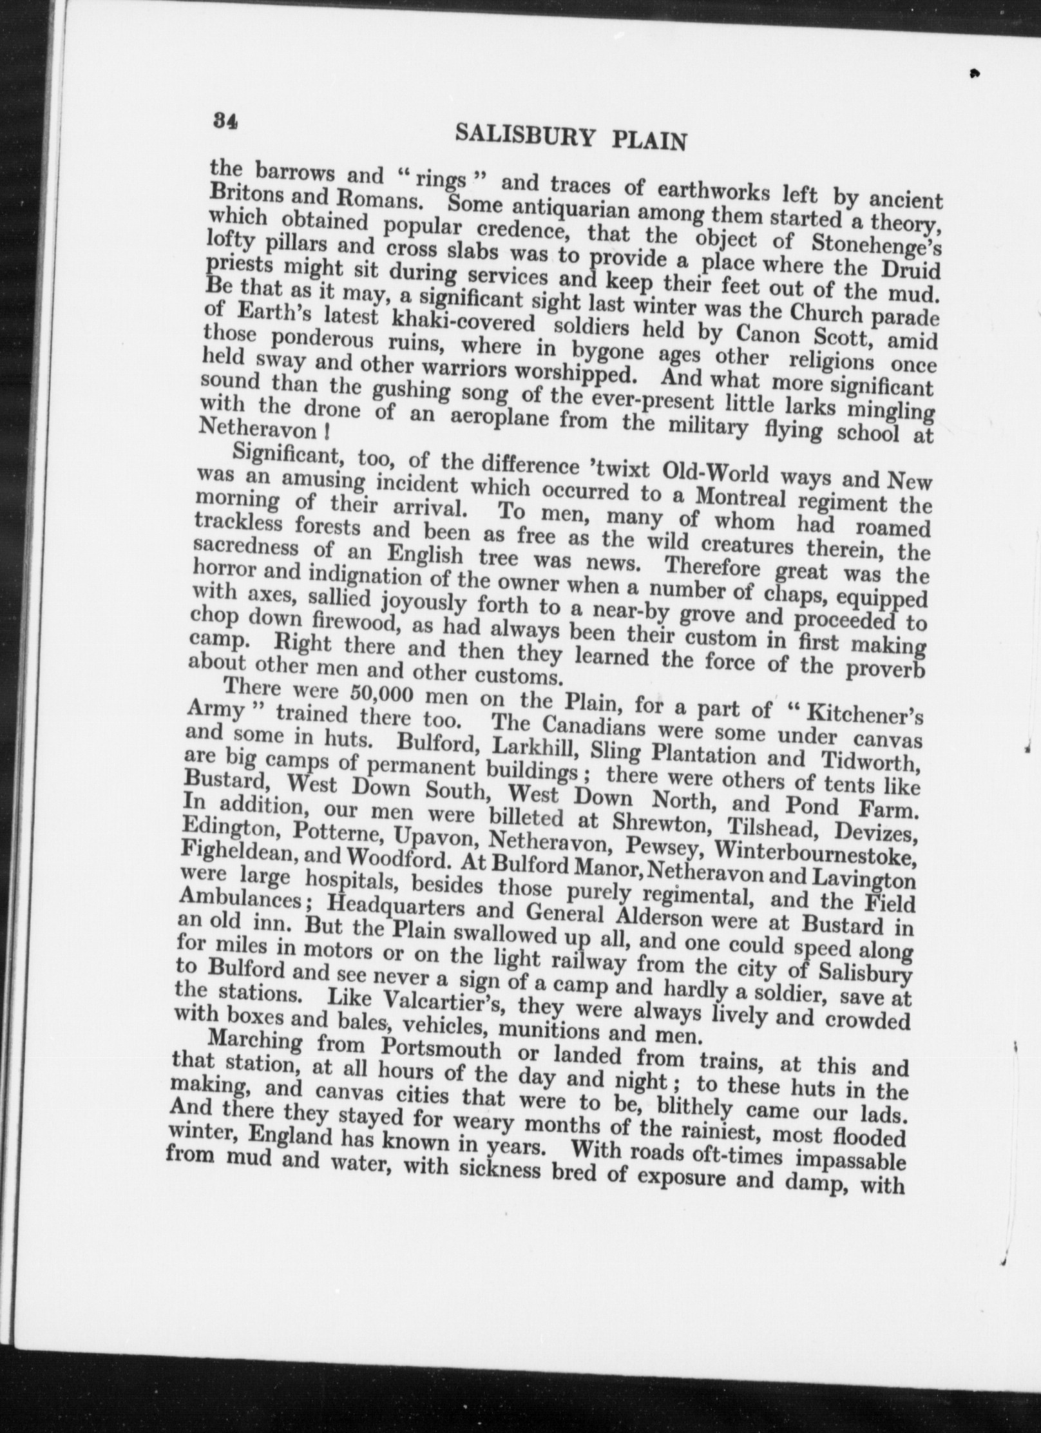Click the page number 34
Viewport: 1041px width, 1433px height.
click(x=225, y=120)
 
